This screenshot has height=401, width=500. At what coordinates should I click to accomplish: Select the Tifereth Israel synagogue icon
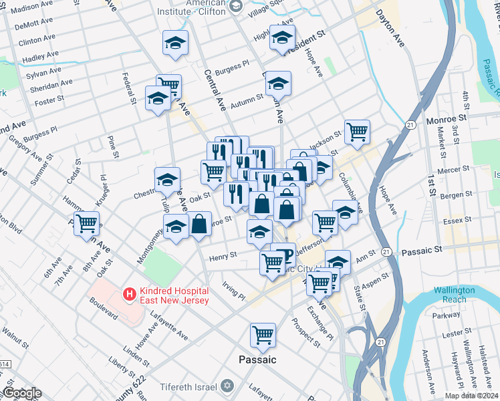227,386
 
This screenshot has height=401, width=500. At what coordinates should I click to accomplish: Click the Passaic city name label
257,360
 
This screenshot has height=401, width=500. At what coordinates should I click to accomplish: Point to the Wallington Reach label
454,295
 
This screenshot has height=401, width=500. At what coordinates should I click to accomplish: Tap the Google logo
22,393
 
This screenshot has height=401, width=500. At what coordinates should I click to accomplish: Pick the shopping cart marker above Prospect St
263,334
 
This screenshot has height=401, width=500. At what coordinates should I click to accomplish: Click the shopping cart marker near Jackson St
357,131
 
